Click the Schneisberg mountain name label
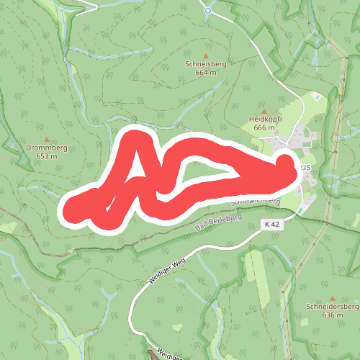206,64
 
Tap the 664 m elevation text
206,73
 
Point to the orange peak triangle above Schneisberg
206,55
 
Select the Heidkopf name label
264,119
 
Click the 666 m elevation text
264,127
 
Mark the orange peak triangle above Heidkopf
264,110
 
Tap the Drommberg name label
47,148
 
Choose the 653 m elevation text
47,156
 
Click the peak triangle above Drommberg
47,139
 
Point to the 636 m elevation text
333,315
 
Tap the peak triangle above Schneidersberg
333,297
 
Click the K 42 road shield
271,225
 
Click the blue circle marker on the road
207,10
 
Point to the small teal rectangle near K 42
300,209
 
